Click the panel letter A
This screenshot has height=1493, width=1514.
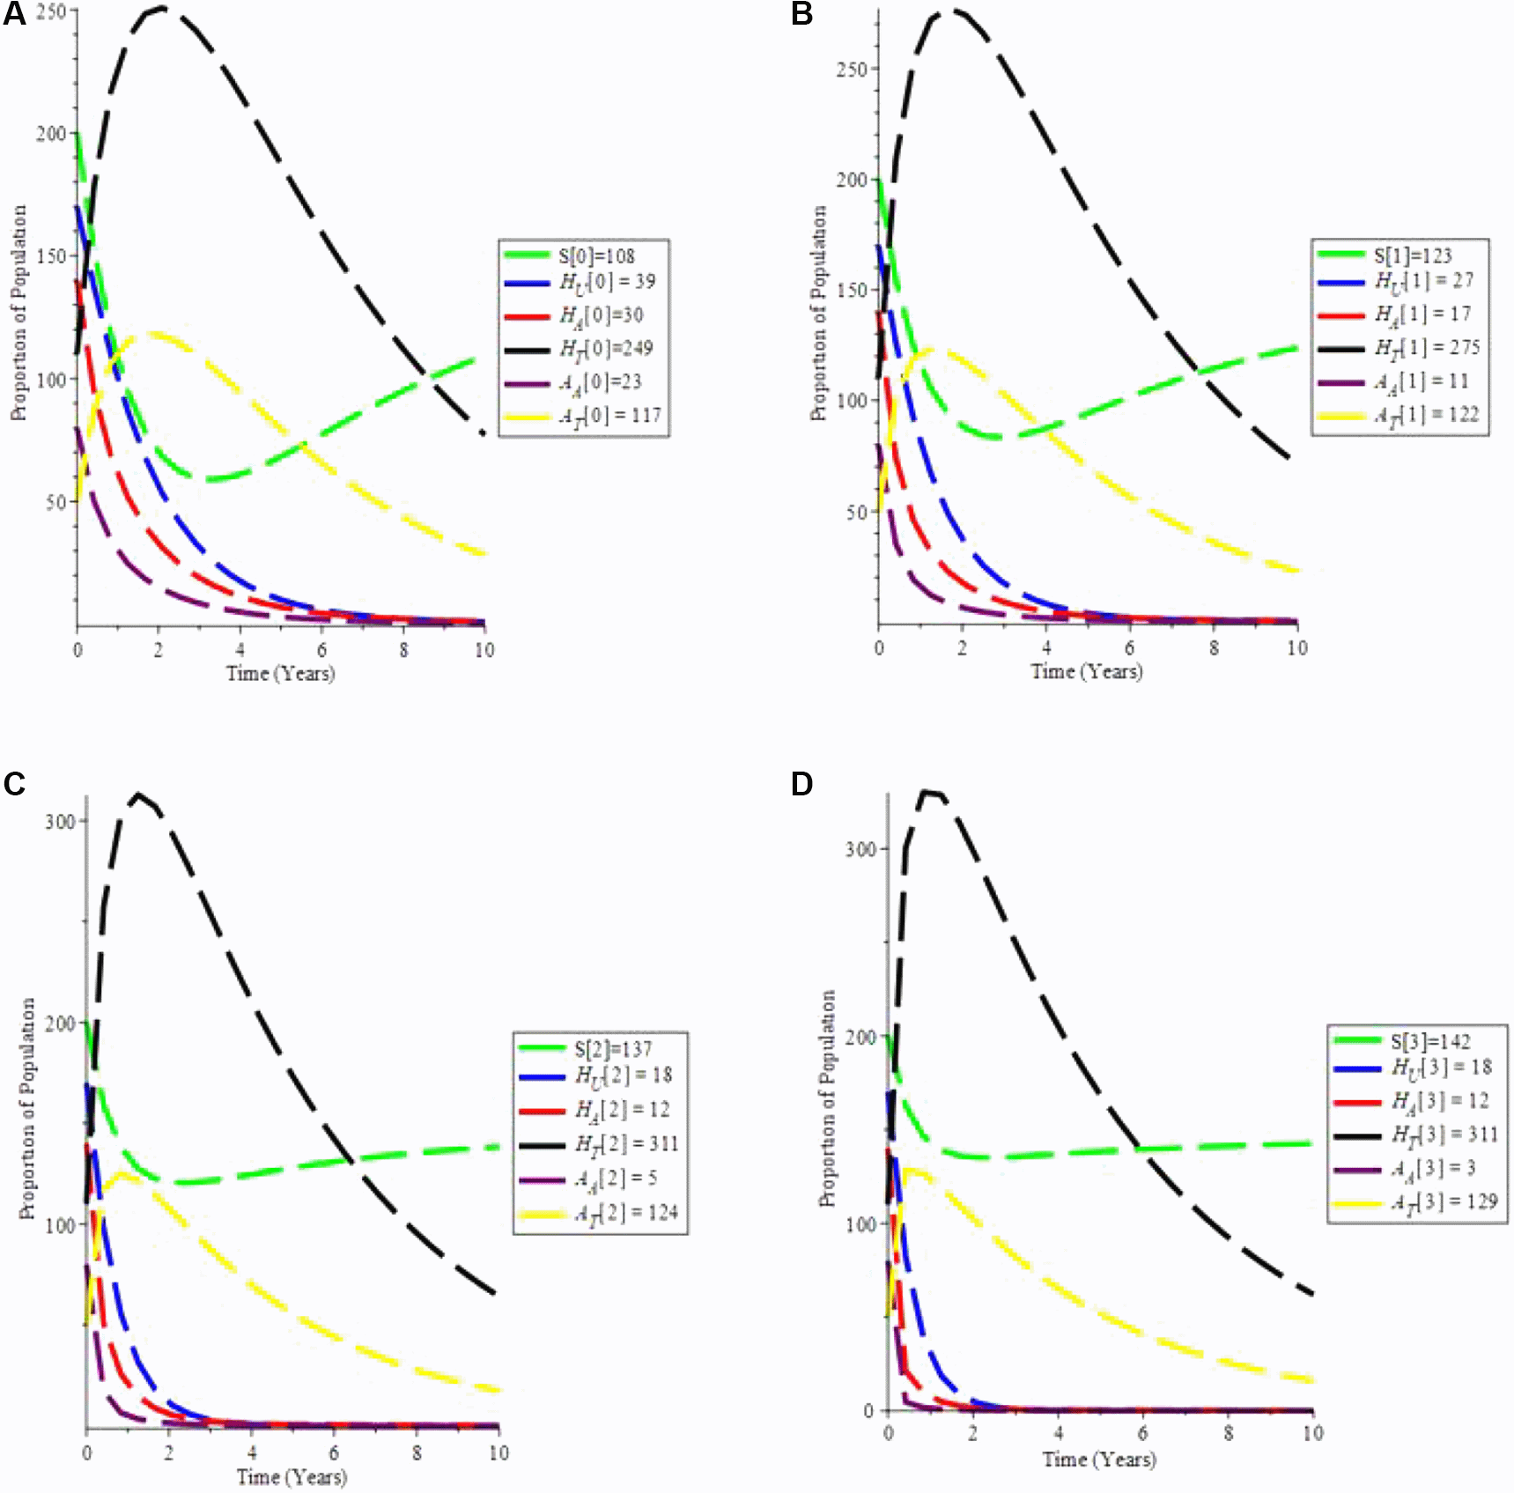pyautogui.click(x=14, y=14)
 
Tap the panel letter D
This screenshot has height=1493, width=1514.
pyautogui.click(x=801, y=783)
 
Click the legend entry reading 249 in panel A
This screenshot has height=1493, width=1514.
pyautogui.click(x=606, y=349)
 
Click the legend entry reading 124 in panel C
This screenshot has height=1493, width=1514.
pyautogui.click(x=626, y=1214)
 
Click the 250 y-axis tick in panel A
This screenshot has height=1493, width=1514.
pyautogui.click(x=51, y=11)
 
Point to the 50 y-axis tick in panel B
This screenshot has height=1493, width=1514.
pyautogui.click(x=856, y=512)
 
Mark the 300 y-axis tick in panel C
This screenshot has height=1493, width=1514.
pyautogui.click(x=60, y=821)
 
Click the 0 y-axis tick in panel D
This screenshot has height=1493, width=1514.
pyautogui.click(x=868, y=1411)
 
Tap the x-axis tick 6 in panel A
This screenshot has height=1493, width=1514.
pyautogui.click(x=322, y=650)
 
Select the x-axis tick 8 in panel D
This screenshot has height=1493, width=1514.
pyautogui.click(x=1229, y=1433)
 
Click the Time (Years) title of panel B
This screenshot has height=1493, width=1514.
pyautogui.click(x=1087, y=672)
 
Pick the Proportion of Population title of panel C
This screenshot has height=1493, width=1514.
pyautogui.click(x=27, y=1108)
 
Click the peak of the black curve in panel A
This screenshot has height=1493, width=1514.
pyautogui.click(x=160, y=8)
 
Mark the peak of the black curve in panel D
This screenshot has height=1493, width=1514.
pyautogui.click(x=927, y=791)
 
